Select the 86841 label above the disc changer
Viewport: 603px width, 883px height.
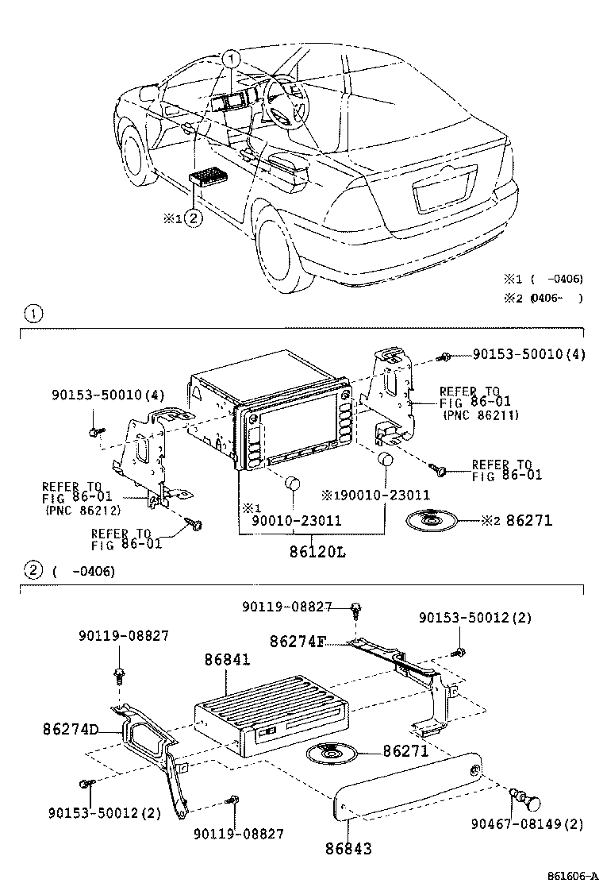pos(227,660)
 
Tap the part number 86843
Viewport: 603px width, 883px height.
pos(348,848)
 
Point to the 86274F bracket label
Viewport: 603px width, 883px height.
pos(297,641)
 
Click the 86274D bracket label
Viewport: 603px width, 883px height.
pos(71,728)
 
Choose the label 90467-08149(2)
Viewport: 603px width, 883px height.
pos(536,824)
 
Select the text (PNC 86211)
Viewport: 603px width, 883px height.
pos(480,415)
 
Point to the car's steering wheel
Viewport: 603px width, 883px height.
pos(284,101)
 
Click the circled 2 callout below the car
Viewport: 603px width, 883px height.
pos(194,217)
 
